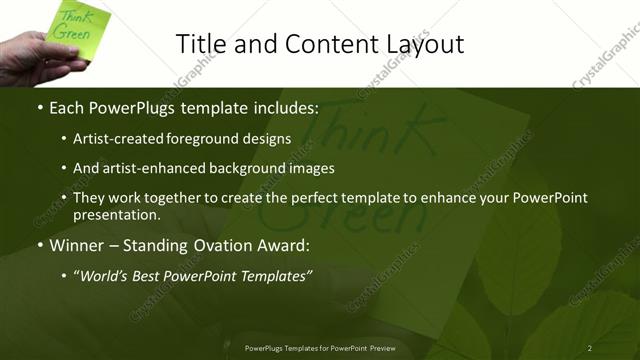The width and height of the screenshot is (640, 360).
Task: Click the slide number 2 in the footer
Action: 590,348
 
